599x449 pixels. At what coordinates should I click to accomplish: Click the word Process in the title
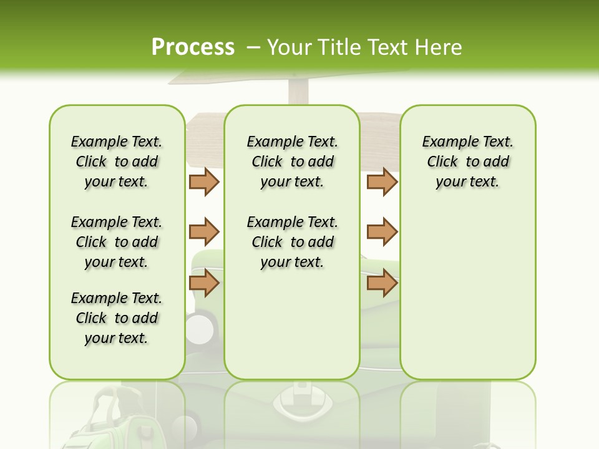tap(193, 47)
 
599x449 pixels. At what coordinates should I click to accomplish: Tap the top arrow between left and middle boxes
tap(204, 181)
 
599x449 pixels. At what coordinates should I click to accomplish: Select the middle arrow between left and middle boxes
tap(204, 232)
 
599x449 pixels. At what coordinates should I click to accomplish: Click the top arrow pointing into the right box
tap(382, 181)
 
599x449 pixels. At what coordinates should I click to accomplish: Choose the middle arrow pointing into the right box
tap(382, 232)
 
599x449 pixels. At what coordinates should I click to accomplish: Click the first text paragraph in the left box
tap(117, 162)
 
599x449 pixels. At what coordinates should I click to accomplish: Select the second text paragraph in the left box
tap(117, 242)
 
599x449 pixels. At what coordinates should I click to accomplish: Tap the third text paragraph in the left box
tap(117, 318)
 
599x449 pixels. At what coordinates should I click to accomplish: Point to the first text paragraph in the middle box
tap(292, 162)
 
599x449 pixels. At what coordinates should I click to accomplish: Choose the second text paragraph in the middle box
tap(292, 242)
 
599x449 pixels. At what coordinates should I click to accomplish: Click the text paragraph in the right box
tap(467, 162)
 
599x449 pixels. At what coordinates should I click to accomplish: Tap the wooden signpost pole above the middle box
tap(298, 94)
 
